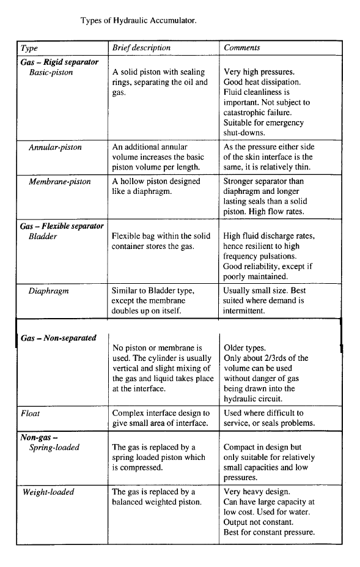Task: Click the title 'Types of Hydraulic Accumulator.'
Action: point(139,20)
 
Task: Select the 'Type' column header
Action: point(29,48)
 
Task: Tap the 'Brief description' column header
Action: point(141,48)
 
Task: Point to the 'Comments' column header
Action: point(241,48)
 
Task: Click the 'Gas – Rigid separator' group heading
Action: point(59,62)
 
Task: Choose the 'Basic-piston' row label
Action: point(51,72)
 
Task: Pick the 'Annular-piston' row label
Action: point(55,147)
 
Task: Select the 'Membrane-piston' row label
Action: point(59,182)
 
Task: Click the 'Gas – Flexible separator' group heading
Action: point(62,226)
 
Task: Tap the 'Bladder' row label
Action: point(43,236)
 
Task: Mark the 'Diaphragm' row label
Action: point(48,291)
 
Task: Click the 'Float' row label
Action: point(30,413)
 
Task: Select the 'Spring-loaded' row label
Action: point(54,448)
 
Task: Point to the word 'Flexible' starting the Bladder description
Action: point(128,236)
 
